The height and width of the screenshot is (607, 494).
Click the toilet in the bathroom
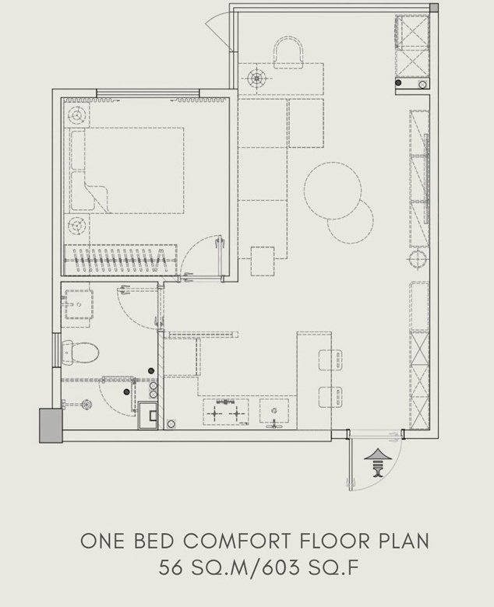point(80,353)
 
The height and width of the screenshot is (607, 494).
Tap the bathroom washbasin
point(79,304)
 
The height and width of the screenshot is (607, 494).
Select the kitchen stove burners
point(225,412)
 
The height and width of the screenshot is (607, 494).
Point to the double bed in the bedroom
point(127,170)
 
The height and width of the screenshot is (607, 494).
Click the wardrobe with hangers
point(120,259)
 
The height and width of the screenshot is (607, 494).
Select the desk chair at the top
point(288,52)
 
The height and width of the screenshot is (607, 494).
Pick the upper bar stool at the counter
point(330,360)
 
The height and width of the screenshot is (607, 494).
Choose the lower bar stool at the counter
point(330,397)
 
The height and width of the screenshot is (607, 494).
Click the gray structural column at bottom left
point(51,426)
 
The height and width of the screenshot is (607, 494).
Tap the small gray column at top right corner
point(435,8)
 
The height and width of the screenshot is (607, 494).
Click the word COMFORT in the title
point(237,541)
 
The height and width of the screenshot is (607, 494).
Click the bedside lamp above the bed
point(76,114)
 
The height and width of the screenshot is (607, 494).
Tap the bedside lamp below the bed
point(76,226)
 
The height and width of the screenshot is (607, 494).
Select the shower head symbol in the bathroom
point(86,405)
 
